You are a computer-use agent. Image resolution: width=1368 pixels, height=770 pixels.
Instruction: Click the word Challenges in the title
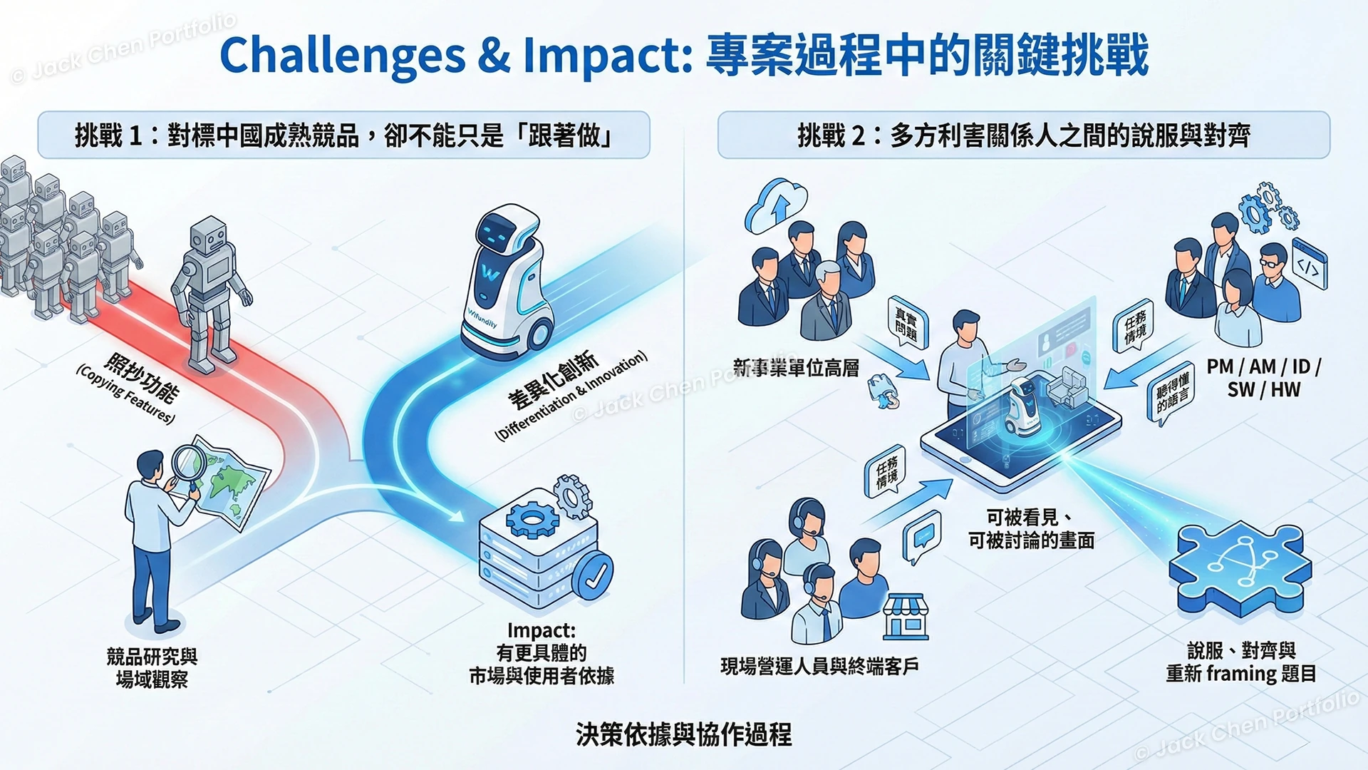click(x=342, y=56)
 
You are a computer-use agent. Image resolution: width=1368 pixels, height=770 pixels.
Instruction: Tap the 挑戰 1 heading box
click(x=343, y=135)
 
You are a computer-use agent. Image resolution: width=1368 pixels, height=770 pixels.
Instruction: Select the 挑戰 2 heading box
click(x=1023, y=135)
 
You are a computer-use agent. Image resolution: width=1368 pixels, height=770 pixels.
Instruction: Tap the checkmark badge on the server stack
click(x=592, y=575)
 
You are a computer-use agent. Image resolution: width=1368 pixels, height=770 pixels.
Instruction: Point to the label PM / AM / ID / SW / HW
click(x=1263, y=378)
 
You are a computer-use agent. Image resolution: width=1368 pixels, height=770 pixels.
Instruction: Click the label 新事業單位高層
click(x=796, y=368)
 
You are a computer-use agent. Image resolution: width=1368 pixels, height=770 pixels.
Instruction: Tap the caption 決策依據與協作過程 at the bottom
click(x=683, y=734)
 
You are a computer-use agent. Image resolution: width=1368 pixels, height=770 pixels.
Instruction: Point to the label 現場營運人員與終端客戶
click(x=819, y=667)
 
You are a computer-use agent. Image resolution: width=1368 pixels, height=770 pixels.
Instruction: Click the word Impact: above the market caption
click(x=541, y=630)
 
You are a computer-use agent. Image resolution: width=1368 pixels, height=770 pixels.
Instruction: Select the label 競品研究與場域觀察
click(x=152, y=667)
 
